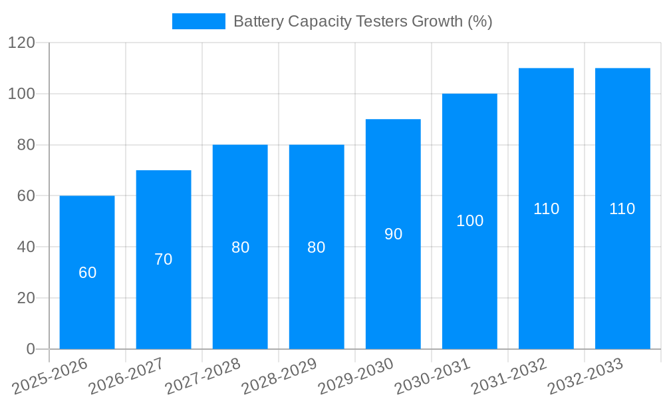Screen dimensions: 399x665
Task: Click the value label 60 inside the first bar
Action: coord(88,273)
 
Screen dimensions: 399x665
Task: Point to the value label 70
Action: coord(164,260)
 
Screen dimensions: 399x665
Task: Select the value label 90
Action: coord(393,234)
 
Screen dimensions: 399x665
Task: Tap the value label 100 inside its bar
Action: coord(469,221)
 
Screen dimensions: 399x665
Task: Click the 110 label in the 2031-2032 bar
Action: coord(546,209)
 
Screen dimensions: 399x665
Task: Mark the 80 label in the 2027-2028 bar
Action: coord(240,247)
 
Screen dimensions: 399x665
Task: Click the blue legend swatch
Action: coord(198,21)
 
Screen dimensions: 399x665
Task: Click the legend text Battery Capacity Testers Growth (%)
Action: coord(362,21)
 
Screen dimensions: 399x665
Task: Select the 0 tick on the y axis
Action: coord(31,349)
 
